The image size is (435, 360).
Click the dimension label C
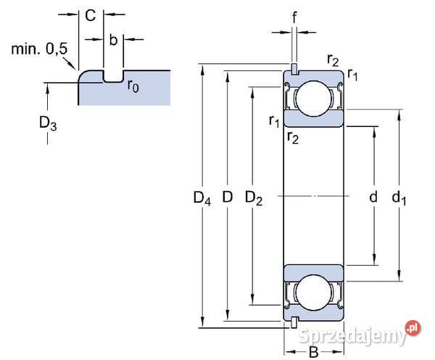point(90,15)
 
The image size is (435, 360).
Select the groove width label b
point(113,39)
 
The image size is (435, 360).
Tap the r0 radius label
point(133,85)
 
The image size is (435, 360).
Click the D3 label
point(48,123)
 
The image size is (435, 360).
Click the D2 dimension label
point(254,197)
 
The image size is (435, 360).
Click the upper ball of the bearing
point(313,98)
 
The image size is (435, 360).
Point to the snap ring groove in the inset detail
point(113,76)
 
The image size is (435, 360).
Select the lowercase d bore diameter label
point(373,197)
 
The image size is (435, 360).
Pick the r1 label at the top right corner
point(352,73)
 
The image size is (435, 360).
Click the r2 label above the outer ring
point(333,60)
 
